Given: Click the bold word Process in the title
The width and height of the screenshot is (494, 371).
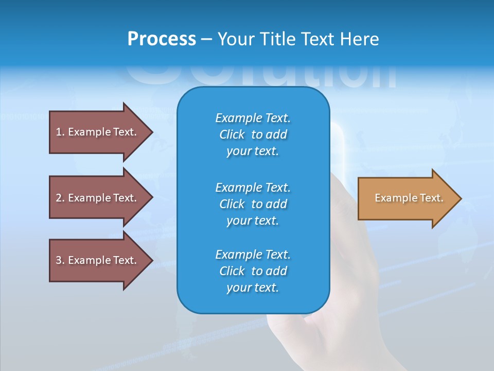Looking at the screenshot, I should coord(162,39).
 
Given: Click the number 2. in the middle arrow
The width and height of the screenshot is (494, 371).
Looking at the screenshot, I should coord(60,198).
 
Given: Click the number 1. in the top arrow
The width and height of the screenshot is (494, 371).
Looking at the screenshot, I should coord(60,132).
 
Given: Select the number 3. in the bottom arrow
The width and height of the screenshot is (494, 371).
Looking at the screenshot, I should coord(60,260).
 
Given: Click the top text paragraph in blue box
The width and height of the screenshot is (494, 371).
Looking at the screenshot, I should coord(253,134).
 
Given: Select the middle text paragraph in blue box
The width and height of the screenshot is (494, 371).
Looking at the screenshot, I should coord(253,204).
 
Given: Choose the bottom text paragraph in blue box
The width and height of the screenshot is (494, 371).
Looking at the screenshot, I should coord(253,271).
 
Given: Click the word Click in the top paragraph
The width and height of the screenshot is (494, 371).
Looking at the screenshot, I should coord(232,134).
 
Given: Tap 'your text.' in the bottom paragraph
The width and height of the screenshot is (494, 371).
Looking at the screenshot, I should coord(253,288).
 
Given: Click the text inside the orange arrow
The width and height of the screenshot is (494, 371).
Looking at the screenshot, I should coord(409,198).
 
